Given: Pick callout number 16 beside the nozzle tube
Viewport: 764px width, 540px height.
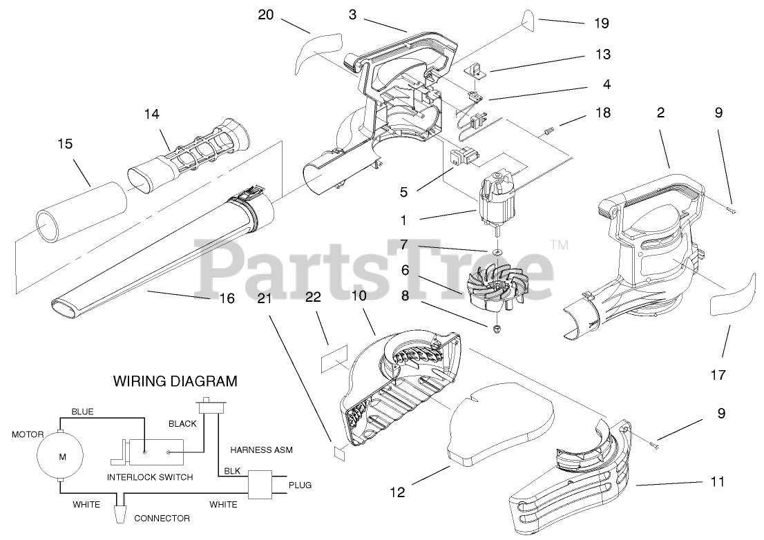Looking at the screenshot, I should [227, 298].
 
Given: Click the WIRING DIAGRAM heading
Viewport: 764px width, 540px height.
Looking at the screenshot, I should [175, 380].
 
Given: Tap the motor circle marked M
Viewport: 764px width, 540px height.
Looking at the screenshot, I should [62, 456].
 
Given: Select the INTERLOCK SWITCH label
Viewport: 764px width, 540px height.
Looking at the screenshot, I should [150, 477].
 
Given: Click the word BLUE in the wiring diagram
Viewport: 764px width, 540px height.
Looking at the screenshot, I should [82, 412].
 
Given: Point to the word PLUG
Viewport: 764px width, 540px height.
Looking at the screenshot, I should [300, 484].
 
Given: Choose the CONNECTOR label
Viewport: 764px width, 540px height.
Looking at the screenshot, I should [162, 518].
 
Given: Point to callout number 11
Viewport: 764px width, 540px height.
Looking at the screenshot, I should [718, 481].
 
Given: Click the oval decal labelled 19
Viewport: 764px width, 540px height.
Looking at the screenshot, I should [528, 23].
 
